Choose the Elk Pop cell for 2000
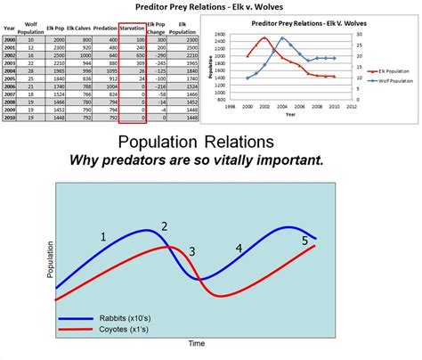55,40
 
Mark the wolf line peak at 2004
282,38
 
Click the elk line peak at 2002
264,38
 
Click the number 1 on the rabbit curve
103,237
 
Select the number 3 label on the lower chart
191,253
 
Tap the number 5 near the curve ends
304,241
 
